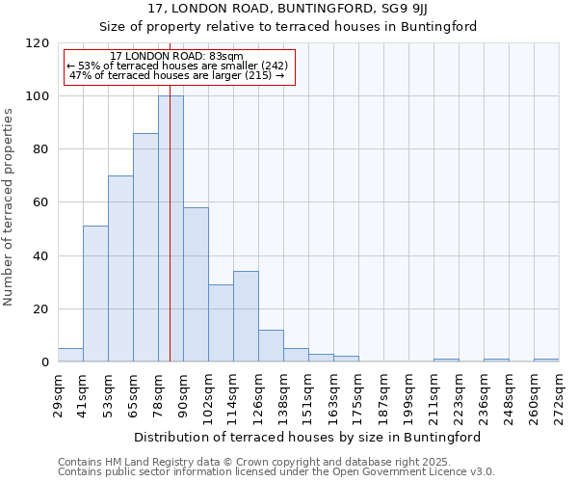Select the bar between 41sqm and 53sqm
[x=95, y=294]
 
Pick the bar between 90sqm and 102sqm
[x=196, y=285]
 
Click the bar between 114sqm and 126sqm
[x=246, y=317]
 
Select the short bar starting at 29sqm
[x=70, y=356]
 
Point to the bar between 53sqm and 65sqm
[x=120, y=269]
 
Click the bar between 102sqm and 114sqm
[x=221, y=324]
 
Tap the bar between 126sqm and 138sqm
[x=271, y=346]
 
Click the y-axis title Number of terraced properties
[x=9, y=206]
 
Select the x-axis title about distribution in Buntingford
[x=307, y=437]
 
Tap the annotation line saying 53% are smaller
[x=177, y=66]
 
